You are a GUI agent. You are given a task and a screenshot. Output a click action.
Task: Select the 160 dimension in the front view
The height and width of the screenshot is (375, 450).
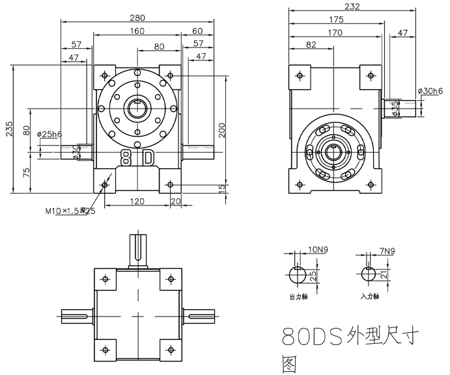(x=137, y=31)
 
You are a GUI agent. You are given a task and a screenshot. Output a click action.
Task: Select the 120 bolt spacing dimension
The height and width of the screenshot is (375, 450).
(x=137, y=201)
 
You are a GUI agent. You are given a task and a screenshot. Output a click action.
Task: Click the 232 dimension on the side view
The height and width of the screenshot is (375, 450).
(x=352, y=6)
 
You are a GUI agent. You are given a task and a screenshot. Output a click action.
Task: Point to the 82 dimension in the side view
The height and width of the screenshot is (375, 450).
(x=310, y=44)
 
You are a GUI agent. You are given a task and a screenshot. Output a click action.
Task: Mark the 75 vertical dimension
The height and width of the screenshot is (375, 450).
(x=26, y=172)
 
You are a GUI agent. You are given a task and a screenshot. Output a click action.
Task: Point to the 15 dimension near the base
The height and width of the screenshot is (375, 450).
(x=222, y=188)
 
